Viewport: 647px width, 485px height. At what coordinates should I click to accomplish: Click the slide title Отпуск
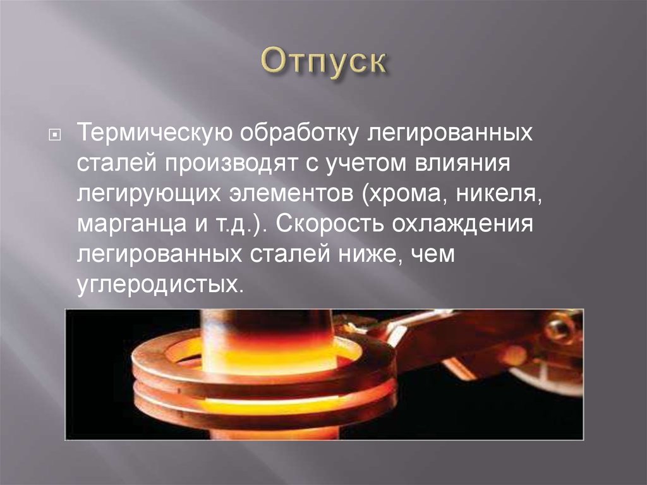[323, 63]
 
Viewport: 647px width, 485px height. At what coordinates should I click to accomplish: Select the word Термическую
[155, 133]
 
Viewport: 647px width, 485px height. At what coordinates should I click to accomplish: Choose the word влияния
[463, 163]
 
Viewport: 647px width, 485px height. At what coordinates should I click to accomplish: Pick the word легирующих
[149, 193]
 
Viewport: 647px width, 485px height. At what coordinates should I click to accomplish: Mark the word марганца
[131, 224]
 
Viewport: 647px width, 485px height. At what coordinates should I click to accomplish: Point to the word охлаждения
[463, 223]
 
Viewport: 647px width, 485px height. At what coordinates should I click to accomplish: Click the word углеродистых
[158, 284]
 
